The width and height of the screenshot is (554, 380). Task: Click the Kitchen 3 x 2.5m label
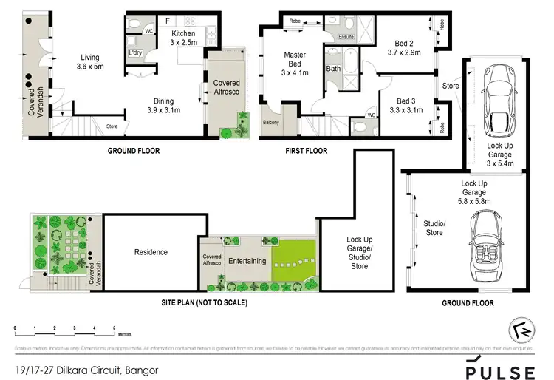coord(182,38)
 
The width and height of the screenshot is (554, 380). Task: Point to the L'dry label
coord(135,53)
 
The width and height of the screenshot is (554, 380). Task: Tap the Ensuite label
coord(346,36)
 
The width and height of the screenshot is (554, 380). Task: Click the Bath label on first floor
coord(333,69)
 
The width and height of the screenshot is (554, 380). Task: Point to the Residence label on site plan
coord(151,252)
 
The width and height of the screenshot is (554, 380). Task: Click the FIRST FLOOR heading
coord(305,151)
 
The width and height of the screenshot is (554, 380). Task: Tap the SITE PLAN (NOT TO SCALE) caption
coord(204,303)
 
